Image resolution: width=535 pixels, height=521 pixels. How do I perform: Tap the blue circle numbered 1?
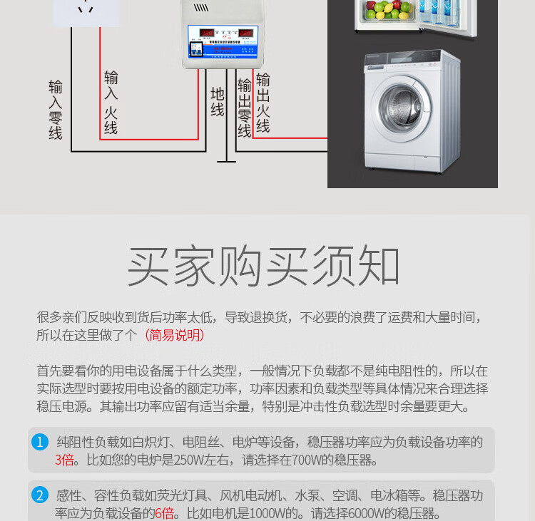pos(40,442)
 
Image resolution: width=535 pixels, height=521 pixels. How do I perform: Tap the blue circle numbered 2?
pos(40,495)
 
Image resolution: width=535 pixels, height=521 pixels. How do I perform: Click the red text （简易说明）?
pos(174,335)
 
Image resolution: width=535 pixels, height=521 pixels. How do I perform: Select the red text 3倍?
pos(64,460)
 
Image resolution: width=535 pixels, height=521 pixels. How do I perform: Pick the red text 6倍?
pos(164,513)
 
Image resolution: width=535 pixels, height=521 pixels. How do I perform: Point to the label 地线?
pos(218,102)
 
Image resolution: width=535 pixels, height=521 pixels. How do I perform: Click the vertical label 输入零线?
pos(56,109)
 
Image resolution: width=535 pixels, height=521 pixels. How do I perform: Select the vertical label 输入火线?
pos(111,102)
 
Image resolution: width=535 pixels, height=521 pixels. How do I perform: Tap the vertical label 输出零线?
pos(245,108)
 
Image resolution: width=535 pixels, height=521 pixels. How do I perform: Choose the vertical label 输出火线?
pos(263,103)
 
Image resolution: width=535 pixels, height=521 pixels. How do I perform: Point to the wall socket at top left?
pos(86,11)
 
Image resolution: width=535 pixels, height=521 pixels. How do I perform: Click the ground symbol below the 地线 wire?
pos(226,156)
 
